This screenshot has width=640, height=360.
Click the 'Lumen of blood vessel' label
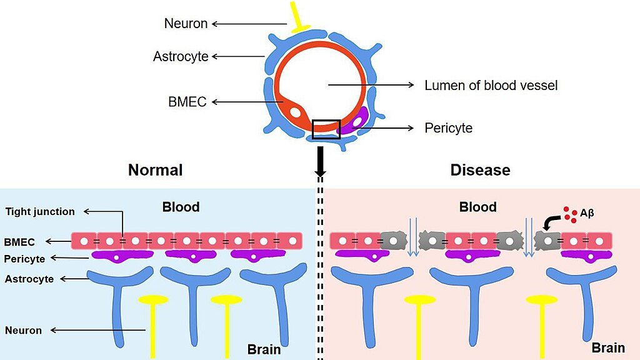click(x=491, y=85)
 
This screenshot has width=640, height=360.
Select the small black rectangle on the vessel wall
click(x=326, y=128)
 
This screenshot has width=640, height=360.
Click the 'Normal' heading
click(x=155, y=170)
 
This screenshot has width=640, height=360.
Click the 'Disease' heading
click(x=480, y=170)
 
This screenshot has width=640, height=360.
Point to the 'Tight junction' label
click(x=40, y=212)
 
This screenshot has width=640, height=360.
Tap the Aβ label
click(x=587, y=213)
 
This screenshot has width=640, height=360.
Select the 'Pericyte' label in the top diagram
click(x=448, y=128)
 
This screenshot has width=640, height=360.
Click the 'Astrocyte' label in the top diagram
click(x=181, y=57)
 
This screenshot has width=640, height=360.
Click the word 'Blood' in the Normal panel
click(x=181, y=207)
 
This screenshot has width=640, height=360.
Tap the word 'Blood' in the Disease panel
click(x=477, y=207)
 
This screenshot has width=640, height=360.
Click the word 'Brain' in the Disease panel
click(x=608, y=348)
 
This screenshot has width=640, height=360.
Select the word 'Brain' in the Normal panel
click(x=264, y=349)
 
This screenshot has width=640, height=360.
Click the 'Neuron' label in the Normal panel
click(x=23, y=330)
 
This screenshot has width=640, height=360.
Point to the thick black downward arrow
click(x=321, y=161)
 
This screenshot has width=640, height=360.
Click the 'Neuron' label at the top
click(x=186, y=24)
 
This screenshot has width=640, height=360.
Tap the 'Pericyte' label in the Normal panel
click(x=24, y=259)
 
